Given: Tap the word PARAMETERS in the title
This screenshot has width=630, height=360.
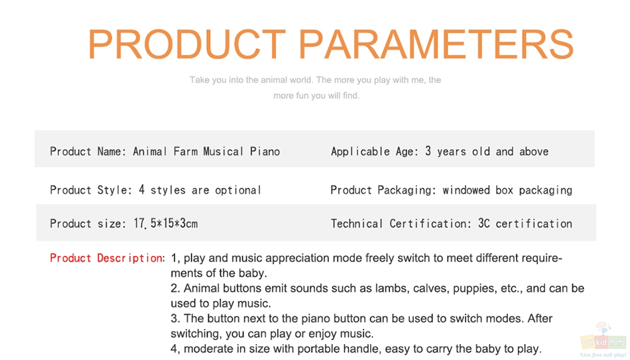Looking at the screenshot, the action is point(436,44).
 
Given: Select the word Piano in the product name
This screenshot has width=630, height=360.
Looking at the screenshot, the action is point(265,151).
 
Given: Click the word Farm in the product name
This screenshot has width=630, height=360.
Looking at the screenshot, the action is point(186,151).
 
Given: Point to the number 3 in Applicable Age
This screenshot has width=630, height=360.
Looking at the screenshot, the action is point(428,151).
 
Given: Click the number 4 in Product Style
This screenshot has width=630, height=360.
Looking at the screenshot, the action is point(141,190).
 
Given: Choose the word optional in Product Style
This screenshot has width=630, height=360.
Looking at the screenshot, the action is point(238,190).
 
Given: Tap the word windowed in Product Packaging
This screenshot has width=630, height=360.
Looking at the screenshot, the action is point(466,190).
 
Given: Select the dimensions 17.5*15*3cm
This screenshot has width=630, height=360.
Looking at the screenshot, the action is point(166,223).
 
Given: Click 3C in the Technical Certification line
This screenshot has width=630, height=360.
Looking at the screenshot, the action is point(483,223).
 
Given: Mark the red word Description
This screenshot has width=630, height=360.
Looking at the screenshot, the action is point(130,258).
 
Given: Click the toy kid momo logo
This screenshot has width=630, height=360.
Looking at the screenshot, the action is point(603,341).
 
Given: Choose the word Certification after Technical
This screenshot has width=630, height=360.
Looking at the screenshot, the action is point(430,223).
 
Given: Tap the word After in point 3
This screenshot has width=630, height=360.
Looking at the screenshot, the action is point(540,318).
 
